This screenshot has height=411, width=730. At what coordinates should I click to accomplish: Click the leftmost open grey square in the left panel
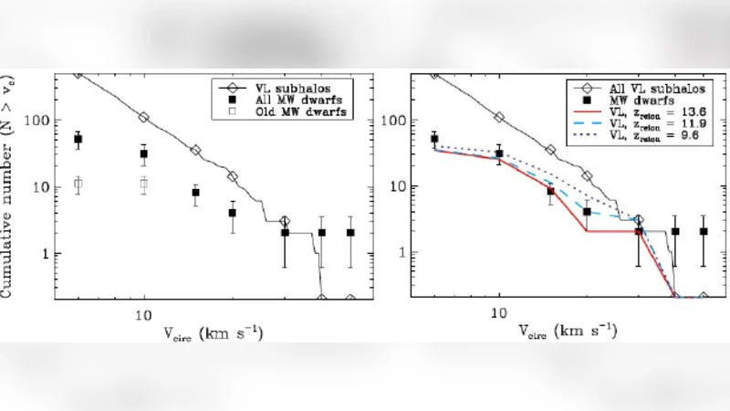coord(78,184)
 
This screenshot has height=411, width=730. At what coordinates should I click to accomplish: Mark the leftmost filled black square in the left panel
coord(78,140)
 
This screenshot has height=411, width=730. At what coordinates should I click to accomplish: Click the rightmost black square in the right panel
coord(703,232)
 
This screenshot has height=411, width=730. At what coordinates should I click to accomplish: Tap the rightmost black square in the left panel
coord(349,232)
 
